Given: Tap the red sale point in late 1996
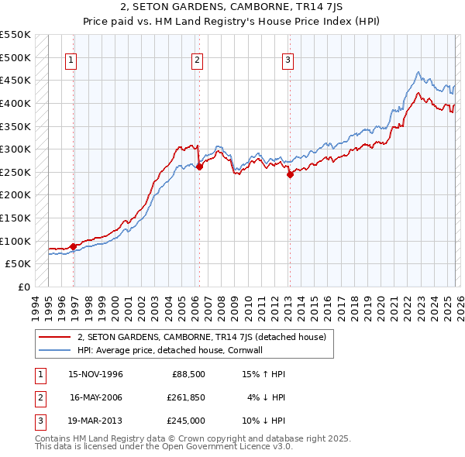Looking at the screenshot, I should pyautogui.click(x=74, y=246).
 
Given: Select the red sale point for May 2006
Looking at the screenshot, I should pyautogui.click(x=199, y=166).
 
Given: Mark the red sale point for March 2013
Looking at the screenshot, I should pyautogui.click(x=290, y=174).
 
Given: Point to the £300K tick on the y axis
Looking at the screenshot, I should pyautogui.click(x=15, y=149).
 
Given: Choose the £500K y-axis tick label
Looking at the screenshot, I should pyautogui.click(x=15, y=57).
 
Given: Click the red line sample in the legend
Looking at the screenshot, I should pyautogui.click(x=54, y=337).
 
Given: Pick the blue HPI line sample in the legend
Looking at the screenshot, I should pyautogui.click(x=54, y=350).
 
